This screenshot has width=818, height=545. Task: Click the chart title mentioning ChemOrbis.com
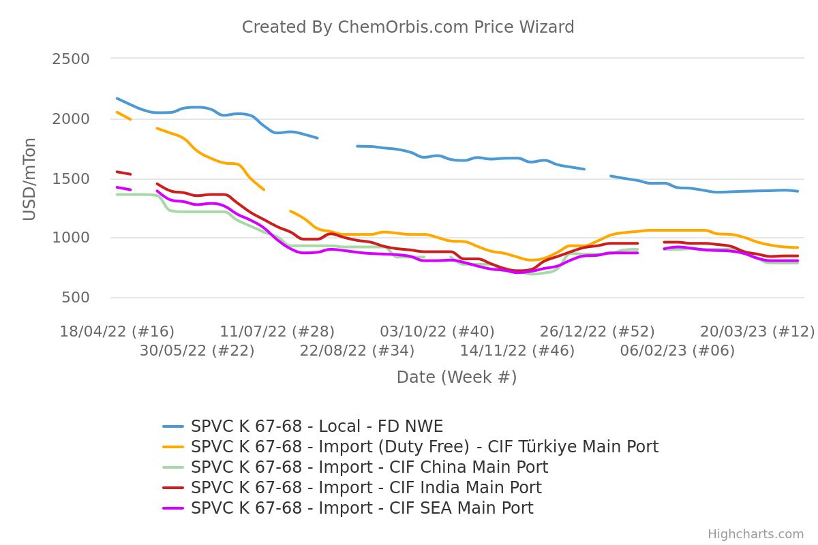click(408, 27)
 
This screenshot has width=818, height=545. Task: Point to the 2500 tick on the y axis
click(71, 59)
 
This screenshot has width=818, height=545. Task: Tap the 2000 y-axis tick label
click(71, 119)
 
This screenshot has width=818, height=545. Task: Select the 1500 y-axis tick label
click(71, 178)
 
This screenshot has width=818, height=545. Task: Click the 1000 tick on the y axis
click(71, 238)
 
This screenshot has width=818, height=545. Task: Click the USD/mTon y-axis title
click(29, 178)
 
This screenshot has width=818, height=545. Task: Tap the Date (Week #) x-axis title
click(457, 377)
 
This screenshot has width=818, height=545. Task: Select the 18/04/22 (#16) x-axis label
click(117, 332)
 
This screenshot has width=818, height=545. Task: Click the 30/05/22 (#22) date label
click(197, 351)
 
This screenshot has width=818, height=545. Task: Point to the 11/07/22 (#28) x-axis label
click(277, 332)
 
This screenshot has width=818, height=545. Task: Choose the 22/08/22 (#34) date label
click(357, 351)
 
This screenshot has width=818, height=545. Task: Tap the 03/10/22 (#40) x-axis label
click(438, 332)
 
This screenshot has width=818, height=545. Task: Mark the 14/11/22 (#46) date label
click(517, 351)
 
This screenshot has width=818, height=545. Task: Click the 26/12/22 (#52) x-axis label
click(598, 332)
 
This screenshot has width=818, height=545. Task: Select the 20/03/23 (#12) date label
click(757, 332)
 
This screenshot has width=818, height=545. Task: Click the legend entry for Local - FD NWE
click(317, 426)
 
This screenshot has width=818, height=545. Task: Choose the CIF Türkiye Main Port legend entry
click(424, 447)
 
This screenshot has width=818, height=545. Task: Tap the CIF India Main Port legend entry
click(366, 488)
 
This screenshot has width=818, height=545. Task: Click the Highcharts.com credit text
click(755, 534)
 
